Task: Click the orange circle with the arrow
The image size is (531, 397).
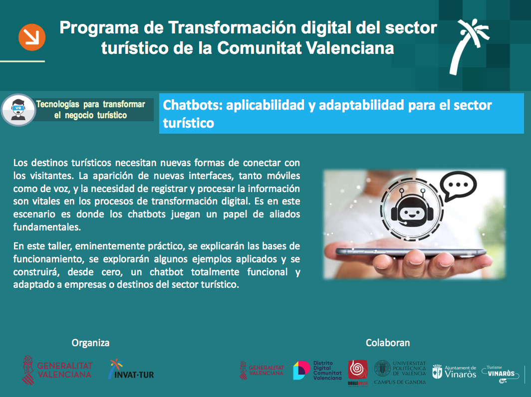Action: tap(32, 37)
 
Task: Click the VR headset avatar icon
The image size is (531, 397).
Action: tap(18, 110)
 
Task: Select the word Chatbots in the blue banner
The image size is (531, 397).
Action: tap(192, 105)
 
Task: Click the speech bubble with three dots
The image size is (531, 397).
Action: tap(458, 186)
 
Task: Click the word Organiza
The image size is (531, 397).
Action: tap(90, 343)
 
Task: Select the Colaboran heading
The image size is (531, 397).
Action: tap(388, 343)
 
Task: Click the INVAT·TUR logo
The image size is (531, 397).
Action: tap(131, 369)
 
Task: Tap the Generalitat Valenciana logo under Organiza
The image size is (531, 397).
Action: tap(57, 370)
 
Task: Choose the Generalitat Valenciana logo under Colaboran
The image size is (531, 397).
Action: tap(262, 370)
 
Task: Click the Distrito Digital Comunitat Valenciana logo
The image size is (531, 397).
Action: tap(317, 370)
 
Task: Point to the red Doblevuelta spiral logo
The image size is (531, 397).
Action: tap(358, 373)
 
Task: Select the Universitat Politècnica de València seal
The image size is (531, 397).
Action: tap(382, 368)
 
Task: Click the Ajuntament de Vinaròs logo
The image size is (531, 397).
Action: tap(454, 372)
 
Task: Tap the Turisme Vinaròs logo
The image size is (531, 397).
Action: tap(501, 374)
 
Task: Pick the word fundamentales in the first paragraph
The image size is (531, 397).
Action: tap(47, 227)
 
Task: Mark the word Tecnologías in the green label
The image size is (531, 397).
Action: tap(57, 104)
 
